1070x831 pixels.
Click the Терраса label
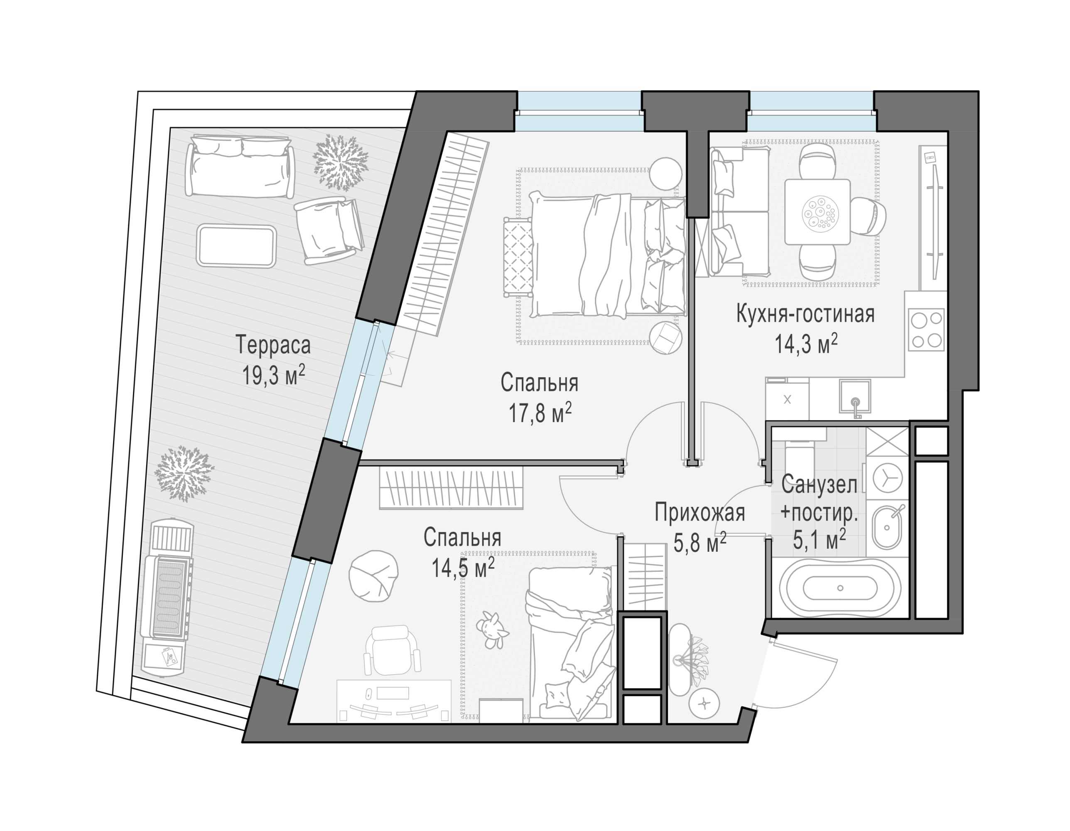pos(273,344)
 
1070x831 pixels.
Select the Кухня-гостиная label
pos(805,314)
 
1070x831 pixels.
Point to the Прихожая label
pos(699,512)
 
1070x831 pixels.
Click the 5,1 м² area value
pos(820,540)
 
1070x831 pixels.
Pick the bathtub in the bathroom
pos(840,588)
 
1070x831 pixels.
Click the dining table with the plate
pos(817,211)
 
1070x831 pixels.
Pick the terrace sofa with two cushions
pos(240,166)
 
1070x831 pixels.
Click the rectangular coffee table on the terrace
pos(236,246)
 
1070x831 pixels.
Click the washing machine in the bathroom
pos(887,478)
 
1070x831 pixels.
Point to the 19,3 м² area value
pos(273,375)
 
